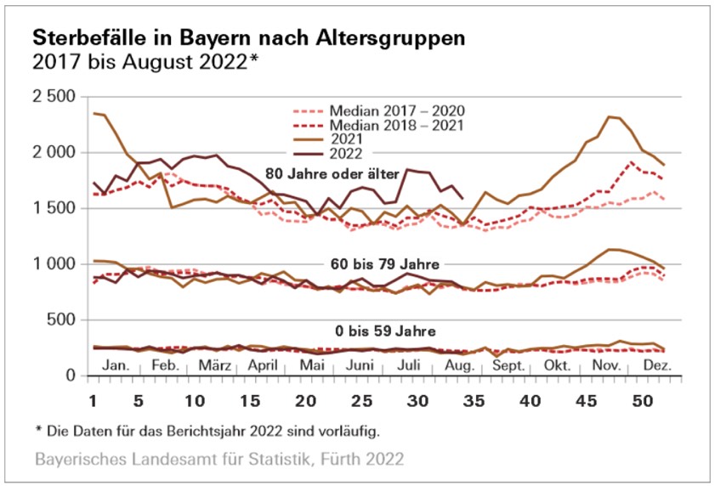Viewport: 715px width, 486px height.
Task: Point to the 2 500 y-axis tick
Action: click(54, 96)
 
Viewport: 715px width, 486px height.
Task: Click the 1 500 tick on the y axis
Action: click(54, 208)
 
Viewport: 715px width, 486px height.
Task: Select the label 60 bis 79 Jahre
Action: click(385, 263)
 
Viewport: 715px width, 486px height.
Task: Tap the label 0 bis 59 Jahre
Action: click(379, 329)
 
